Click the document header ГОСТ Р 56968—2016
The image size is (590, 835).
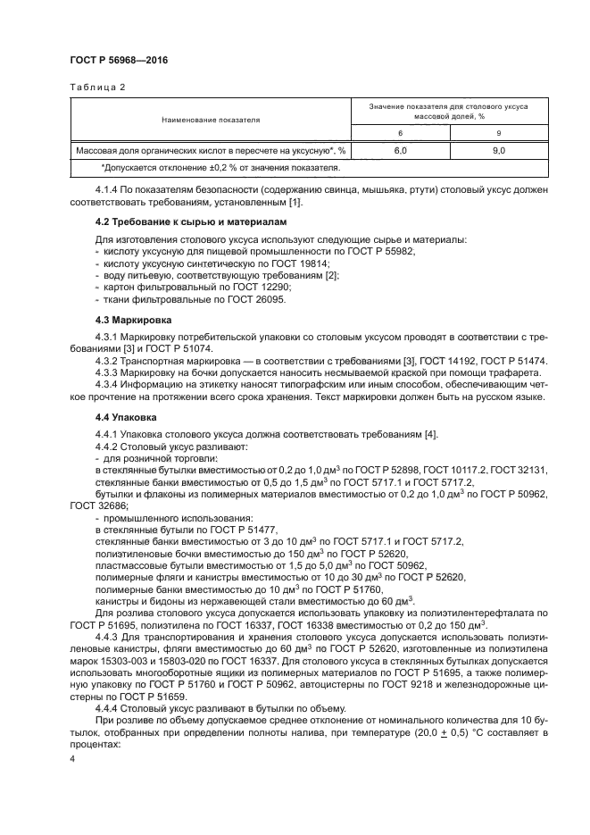tap(119, 60)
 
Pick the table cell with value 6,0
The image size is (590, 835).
tap(400, 151)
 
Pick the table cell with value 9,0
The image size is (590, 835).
tap(498, 151)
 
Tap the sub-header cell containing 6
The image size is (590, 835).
tap(400, 133)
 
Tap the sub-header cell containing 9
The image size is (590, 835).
tap(498, 133)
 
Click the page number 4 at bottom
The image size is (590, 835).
tap(72, 758)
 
